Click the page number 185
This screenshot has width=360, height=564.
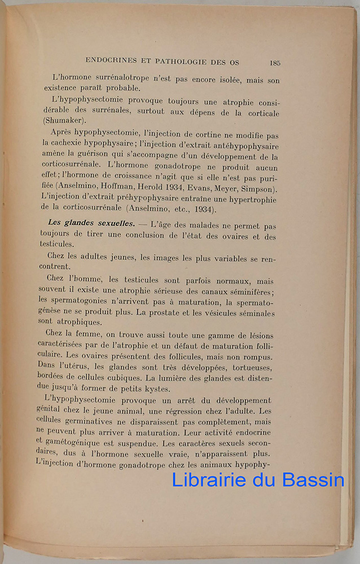click(x=275, y=63)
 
